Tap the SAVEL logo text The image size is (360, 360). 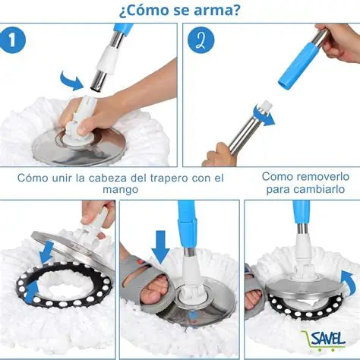pyautogui.click(x=328, y=336)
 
